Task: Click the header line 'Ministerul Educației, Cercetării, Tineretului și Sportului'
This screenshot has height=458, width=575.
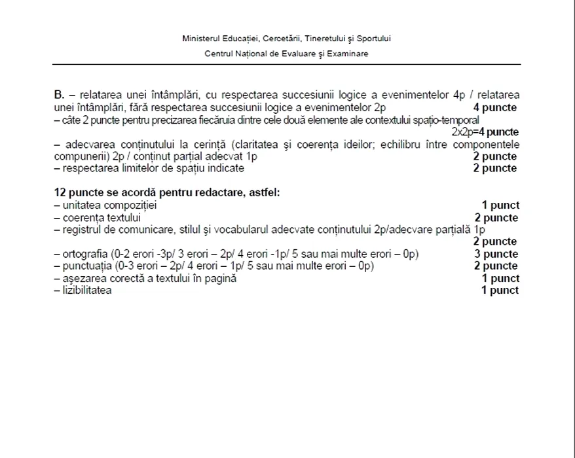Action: point(287,39)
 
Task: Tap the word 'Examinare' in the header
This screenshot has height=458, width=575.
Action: point(350,54)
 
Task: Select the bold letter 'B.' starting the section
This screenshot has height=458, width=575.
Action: point(59,96)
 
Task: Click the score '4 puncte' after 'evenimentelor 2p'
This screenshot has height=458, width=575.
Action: point(495,108)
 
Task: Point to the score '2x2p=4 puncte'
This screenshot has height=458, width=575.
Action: point(485,132)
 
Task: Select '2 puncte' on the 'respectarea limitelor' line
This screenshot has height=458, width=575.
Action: point(495,168)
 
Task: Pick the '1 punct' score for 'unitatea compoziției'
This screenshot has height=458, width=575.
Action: point(500,205)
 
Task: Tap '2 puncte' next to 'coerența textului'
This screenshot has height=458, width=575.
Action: point(496,217)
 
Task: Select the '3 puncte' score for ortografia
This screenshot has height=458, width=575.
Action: point(496,254)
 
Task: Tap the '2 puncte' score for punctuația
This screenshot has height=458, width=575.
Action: point(496,266)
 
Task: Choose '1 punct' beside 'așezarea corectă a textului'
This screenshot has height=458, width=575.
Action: point(500,278)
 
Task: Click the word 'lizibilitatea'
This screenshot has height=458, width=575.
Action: point(86,290)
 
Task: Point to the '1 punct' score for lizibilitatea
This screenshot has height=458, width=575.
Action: point(500,290)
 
